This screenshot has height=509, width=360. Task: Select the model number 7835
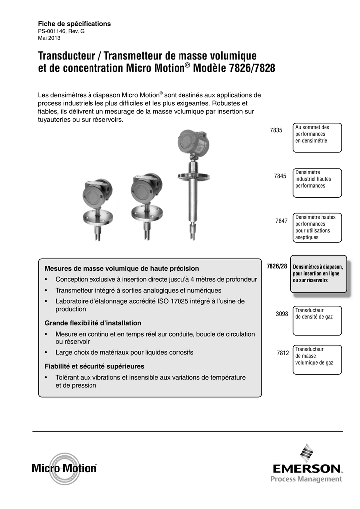276,130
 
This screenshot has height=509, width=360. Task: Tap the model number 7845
281,176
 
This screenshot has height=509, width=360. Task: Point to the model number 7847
282,221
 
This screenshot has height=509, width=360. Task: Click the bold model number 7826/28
277,267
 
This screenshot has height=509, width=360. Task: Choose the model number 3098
282,314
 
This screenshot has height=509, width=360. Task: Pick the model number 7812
283,353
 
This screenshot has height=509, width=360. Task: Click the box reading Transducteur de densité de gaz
318,320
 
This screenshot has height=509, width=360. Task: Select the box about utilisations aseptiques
318,227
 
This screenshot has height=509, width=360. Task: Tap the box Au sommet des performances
318,137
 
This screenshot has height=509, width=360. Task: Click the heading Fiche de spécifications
75,24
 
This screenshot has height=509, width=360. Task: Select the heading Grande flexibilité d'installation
93,323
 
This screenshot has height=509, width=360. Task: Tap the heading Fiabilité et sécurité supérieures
94,366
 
